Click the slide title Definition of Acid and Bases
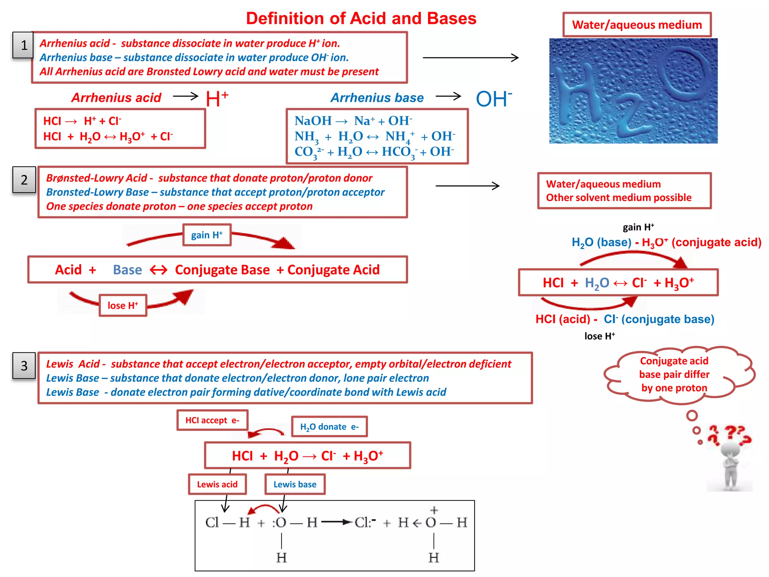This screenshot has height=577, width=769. [x=361, y=18]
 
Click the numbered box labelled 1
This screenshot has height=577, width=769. [x=23, y=45]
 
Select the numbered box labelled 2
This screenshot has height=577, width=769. [x=24, y=180]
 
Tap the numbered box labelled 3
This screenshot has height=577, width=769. [x=24, y=366]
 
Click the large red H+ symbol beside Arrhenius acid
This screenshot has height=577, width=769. [x=217, y=99]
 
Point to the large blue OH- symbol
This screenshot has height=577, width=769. [x=493, y=99]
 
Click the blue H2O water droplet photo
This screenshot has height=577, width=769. [x=633, y=91]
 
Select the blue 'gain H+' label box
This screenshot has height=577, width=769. [x=207, y=235]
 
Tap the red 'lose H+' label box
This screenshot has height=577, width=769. [x=123, y=305]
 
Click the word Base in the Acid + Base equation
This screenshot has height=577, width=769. [x=127, y=270]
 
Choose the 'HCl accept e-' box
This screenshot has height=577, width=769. [x=212, y=420]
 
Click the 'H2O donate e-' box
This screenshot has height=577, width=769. [x=329, y=427]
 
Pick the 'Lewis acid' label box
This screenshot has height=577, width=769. [x=217, y=484]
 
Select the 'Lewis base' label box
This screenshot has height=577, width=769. [x=295, y=484]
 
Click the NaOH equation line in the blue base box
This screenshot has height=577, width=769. [x=353, y=121]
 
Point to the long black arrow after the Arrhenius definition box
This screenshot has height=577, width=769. [x=470, y=57]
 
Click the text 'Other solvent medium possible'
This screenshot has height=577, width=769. [x=618, y=198]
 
